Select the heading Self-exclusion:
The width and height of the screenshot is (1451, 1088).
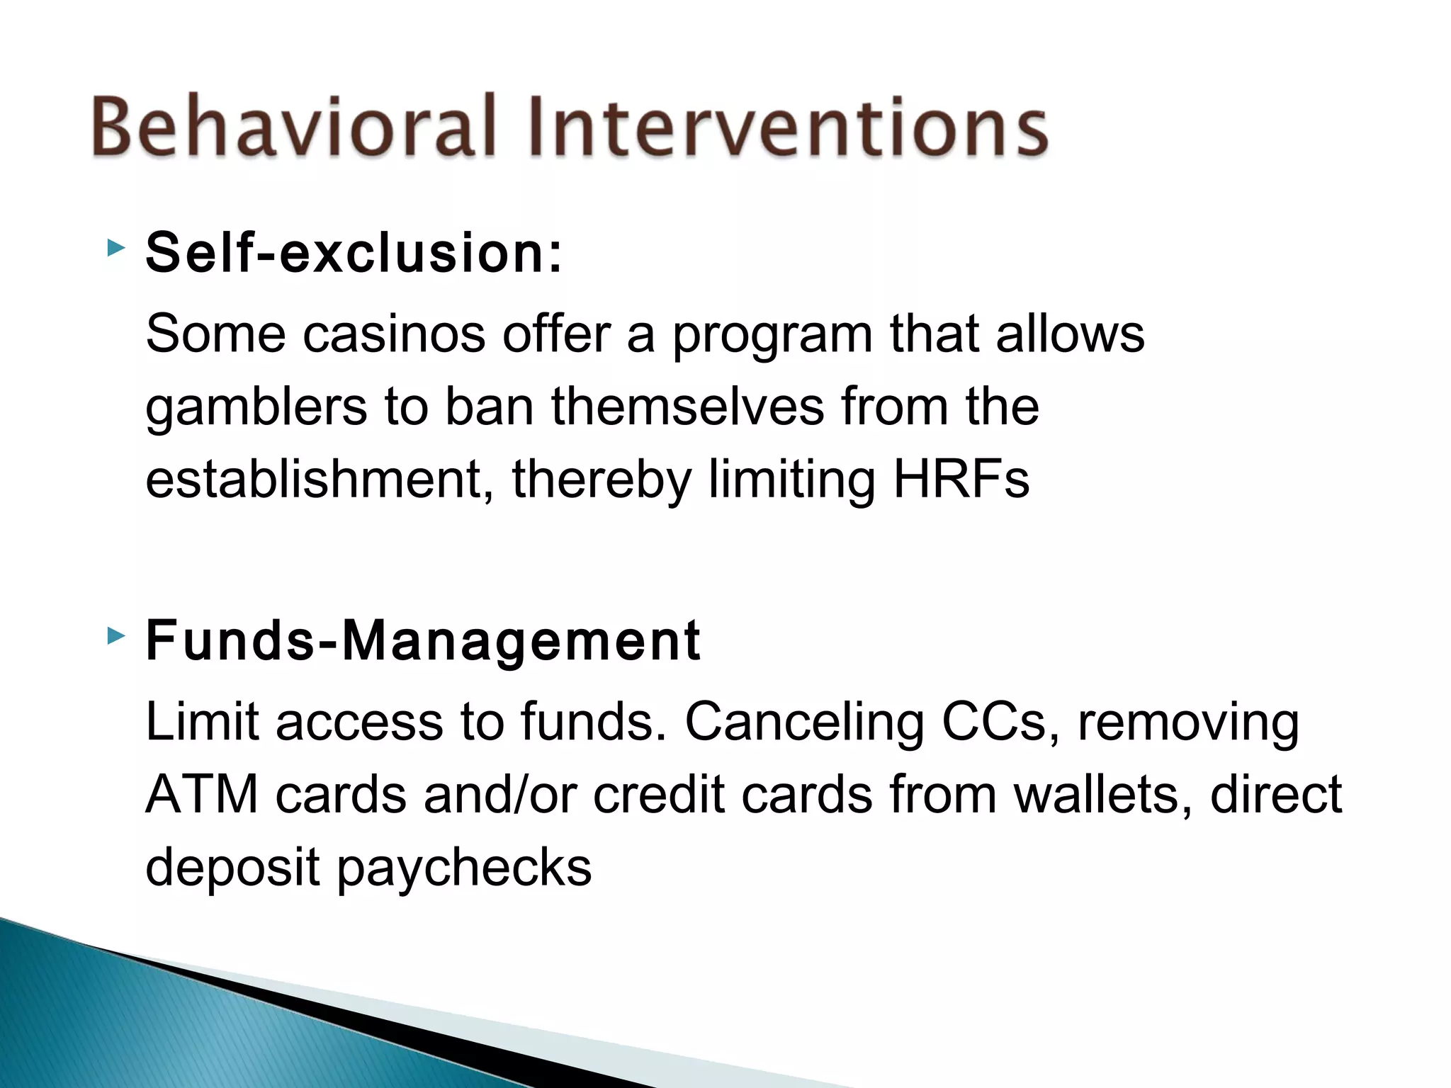[x=354, y=253]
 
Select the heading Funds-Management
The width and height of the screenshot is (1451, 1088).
[x=423, y=640]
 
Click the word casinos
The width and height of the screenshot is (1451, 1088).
[x=394, y=334]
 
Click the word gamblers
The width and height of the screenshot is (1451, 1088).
[x=256, y=409]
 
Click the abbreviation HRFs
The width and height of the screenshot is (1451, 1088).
[x=961, y=480]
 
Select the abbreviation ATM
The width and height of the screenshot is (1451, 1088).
[x=202, y=795]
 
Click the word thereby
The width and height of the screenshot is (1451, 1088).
[x=601, y=480]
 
